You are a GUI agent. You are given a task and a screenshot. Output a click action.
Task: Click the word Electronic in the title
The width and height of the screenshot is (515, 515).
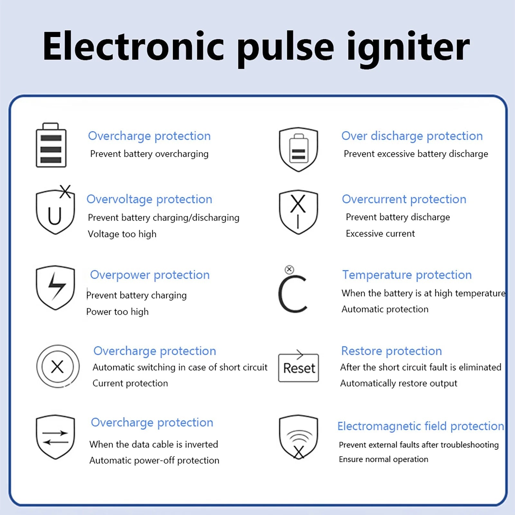coord(133,47)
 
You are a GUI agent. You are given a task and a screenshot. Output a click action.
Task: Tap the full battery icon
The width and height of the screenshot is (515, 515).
coord(51,145)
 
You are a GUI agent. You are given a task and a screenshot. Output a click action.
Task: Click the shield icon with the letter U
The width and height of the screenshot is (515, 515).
coord(55,211)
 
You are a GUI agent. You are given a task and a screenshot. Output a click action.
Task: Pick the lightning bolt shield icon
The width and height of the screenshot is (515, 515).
coord(55,287)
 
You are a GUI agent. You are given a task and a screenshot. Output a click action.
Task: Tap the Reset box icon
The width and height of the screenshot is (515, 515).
coord(298,368)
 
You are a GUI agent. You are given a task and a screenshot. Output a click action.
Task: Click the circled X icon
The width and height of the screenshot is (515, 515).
coord(58,367)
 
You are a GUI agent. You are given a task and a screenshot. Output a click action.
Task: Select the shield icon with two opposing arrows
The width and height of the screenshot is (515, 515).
coord(55,437)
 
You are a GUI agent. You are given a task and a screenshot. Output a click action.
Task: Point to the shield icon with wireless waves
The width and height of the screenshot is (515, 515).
coord(298,437)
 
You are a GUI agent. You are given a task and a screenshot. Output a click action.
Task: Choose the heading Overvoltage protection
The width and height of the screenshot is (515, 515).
coord(149,199)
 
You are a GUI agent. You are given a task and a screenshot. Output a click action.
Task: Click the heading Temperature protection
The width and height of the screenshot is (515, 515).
coord(407,275)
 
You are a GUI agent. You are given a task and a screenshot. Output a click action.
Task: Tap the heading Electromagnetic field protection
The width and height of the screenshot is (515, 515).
coord(420,426)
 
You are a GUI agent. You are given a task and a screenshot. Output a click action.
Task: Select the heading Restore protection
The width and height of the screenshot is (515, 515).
coord(391,351)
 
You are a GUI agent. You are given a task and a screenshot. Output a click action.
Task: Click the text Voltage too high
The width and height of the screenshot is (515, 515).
coord(122,234)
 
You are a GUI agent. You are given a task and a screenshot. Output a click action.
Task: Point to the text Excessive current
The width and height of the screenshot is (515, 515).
coord(380,233)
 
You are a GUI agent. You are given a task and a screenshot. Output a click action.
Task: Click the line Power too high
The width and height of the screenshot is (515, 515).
coord(117,312)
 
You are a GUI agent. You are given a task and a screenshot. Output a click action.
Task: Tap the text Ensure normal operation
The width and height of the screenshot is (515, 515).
coord(383,459)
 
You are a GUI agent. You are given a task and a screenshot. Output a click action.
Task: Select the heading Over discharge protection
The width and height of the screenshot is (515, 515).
coord(412,136)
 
